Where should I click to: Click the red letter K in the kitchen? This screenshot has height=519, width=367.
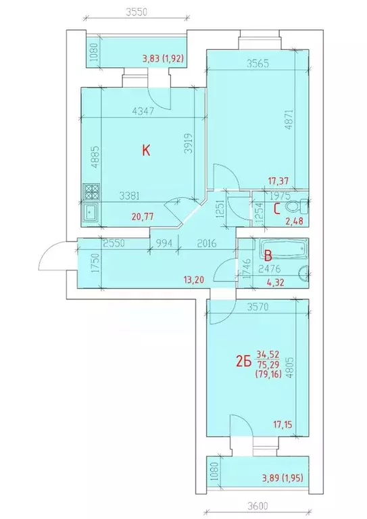point(145,151)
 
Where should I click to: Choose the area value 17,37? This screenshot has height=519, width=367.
point(278,180)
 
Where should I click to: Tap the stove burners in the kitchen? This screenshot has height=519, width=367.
point(90,192)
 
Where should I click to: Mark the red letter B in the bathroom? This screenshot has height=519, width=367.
point(268,256)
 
